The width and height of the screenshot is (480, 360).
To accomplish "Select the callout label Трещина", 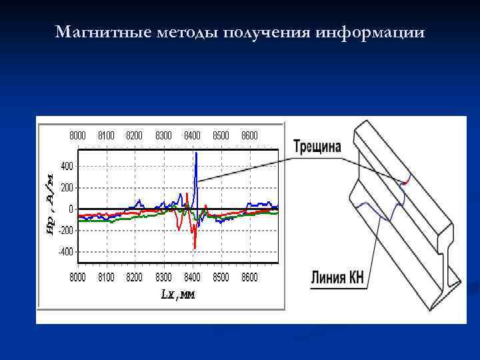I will [317, 147].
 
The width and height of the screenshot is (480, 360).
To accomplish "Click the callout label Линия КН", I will [337, 278].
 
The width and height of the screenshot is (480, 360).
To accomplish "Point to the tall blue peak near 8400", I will [196, 155].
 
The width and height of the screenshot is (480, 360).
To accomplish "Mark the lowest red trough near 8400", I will [195, 247].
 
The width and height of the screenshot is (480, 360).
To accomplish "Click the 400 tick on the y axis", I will [67, 165].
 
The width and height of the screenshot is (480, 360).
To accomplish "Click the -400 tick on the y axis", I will [66, 252].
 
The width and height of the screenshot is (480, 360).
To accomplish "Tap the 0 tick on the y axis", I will [71, 209].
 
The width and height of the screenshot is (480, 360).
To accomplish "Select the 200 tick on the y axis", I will [67, 187].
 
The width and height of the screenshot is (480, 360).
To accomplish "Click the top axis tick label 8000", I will [79, 135].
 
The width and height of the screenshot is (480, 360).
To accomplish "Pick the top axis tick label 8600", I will [249, 135].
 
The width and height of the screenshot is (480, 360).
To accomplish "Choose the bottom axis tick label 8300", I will [164, 277].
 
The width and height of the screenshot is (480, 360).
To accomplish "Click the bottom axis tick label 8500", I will [221, 277].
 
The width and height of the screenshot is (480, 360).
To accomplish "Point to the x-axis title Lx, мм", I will [178, 294].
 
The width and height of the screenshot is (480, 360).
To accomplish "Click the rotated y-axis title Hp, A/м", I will [49, 209].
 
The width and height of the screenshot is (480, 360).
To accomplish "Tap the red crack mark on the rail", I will [406, 181].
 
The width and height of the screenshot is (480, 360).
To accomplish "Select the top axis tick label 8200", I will [135, 135].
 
